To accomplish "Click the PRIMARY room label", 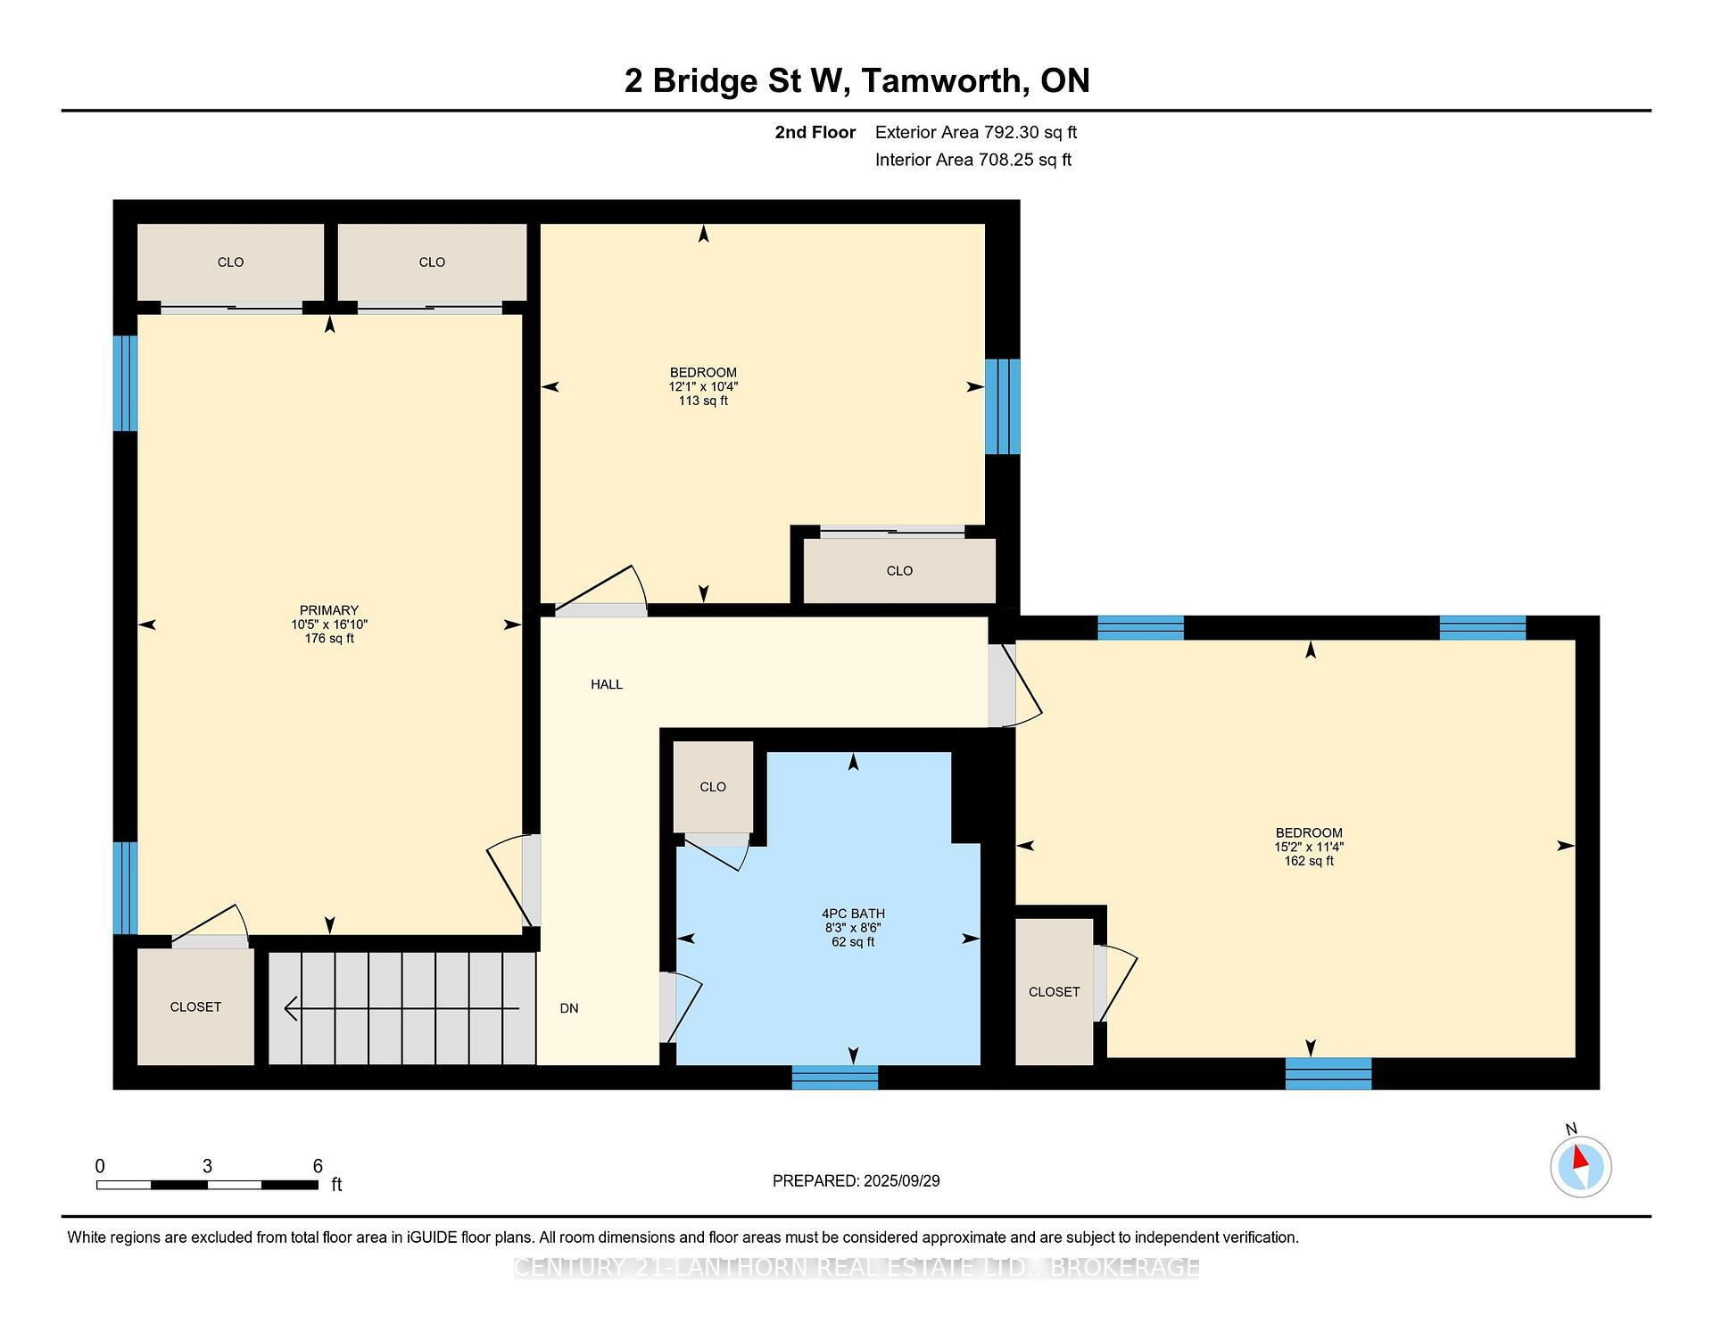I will (x=328, y=610).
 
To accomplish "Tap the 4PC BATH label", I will (x=853, y=914).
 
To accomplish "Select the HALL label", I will (x=607, y=684).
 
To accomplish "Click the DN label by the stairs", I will (x=569, y=1008).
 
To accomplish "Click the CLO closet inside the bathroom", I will (x=713, y=787).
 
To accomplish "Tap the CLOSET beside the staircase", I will (x=195, y=1006).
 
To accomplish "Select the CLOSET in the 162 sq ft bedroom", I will (x=1054, y=992).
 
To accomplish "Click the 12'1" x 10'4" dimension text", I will (x=703, y=387).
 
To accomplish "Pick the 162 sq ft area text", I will (x=1309, y=861).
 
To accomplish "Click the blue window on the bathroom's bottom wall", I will (x=835, y=1078).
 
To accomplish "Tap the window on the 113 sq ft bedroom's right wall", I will (x=1002, y=406).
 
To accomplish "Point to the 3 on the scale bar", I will (x=207, y=1166).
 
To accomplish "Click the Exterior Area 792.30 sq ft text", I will (x=975, y=132).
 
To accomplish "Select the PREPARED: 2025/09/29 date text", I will (x=856, y=1180).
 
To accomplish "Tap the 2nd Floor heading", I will (x=815, y=132).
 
